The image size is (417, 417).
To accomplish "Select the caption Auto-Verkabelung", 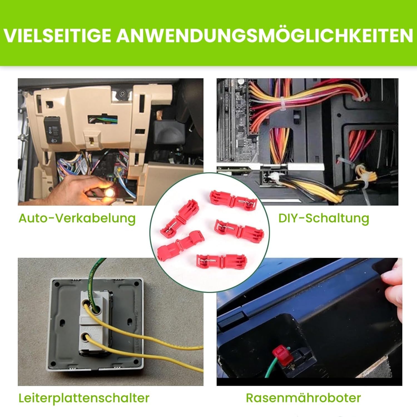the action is coord(77,218).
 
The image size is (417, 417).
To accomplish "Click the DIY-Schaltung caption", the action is coord(324,218).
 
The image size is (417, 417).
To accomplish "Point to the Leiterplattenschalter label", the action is coord(84,398).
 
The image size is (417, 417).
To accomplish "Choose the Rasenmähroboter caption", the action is coord(303,398).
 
